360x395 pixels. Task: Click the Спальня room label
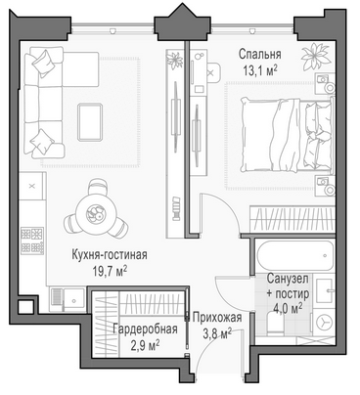[x=259, y=54]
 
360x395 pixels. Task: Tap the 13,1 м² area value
[x=260, y=70]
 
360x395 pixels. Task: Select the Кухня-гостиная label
[x=110, y=254]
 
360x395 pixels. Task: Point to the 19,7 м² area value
[x=110, y=271]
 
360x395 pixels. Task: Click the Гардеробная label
[x=145, y=329]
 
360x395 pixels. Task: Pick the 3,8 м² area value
[x=217, y=333]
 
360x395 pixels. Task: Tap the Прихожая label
[x=217, y=317]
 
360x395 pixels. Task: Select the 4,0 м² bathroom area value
[x=288, y=308]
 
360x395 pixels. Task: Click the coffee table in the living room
[x=90, y=122]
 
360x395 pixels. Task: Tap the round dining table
[x=95, y=213]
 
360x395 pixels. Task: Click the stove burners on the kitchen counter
[x=32, y=241]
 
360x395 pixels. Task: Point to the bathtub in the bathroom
[x=295, y=255]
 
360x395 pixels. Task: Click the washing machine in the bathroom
[x=324, y=323]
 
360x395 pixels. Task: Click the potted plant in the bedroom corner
[x=315, y=56]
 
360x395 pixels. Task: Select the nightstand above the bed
[x=325, y=84]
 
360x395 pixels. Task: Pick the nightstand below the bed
[x=325, y=186]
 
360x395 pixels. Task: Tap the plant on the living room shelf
[x=175, y=60]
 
